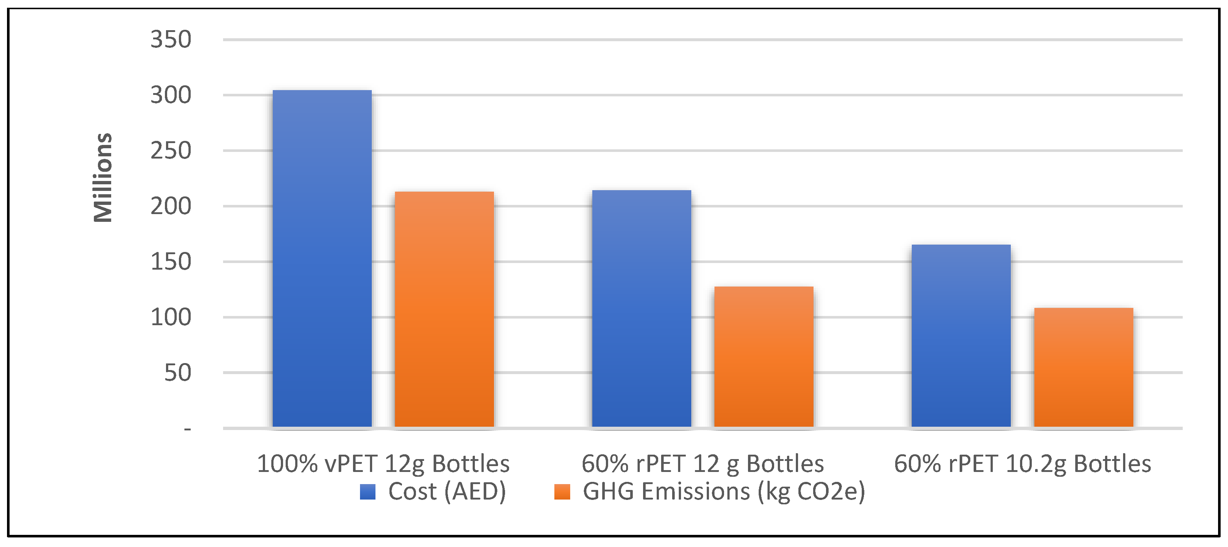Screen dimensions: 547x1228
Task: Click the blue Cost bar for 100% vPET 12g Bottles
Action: [x=322, y=258]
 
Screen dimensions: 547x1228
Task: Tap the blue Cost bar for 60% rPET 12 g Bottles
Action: [x=641, y=308]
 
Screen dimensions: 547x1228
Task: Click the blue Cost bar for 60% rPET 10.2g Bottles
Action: [x=961, y=335]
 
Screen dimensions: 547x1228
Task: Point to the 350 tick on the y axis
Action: [x=171, y=40]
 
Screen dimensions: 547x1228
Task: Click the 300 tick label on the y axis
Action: [x=171, y=95]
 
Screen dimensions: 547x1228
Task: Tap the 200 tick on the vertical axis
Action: [x=171, y=206]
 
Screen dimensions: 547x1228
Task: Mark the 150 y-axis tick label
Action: [x=171, y=262]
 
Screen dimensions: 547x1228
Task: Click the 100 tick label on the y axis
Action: [x=171, y=317]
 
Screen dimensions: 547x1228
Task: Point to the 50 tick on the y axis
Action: [x=177, y=373]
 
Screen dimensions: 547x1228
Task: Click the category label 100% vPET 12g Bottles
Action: [x=383, y=463]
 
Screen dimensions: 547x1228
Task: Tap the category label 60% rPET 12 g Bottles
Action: [x=703, y=463]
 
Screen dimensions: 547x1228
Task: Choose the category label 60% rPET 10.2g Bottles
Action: [x=1023, y=463]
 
